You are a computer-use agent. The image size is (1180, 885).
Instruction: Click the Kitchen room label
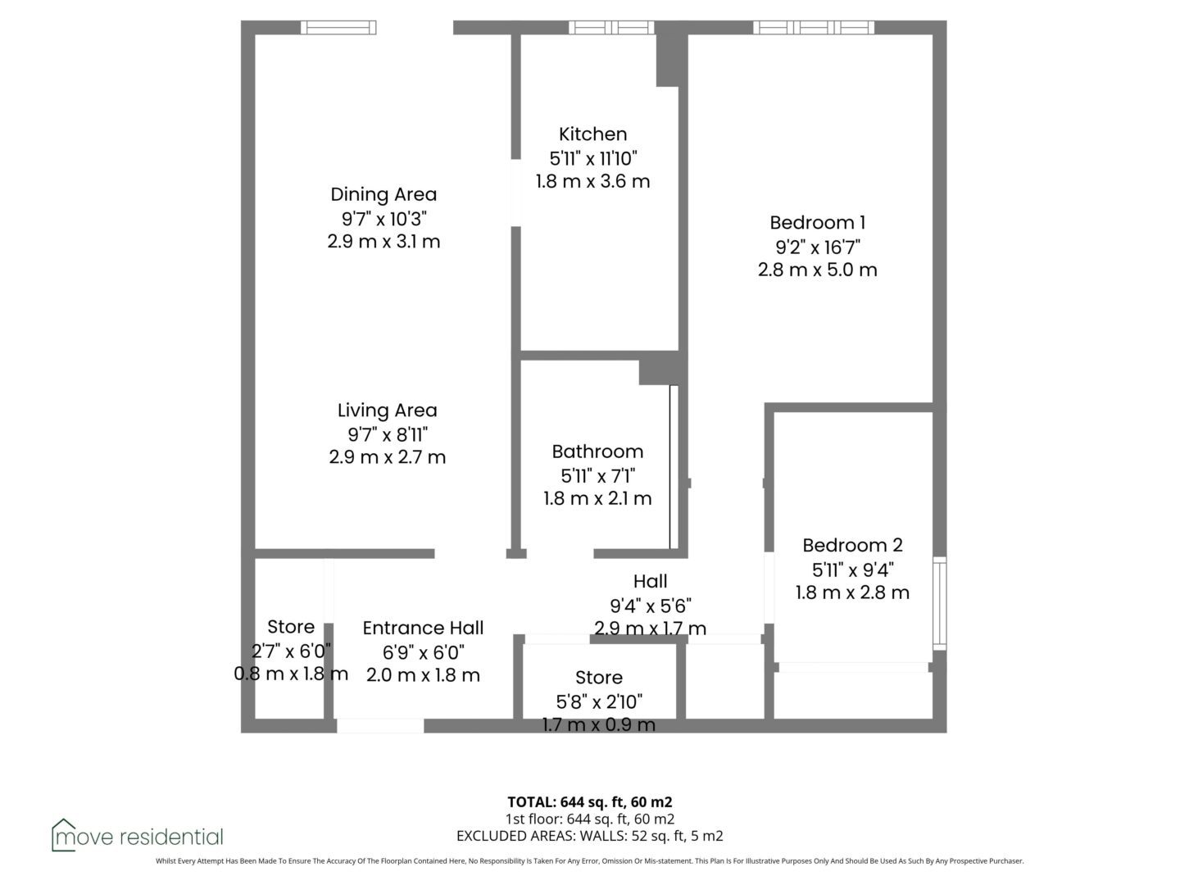[x=592, y=134]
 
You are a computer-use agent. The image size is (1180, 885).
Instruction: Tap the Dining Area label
[x=383, y=194]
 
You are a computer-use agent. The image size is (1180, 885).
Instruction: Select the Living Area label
[x=387, y=410]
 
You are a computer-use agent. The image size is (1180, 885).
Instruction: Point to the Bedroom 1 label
[x=817, y=222]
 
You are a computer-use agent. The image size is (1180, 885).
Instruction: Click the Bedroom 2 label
[x=852, y=545]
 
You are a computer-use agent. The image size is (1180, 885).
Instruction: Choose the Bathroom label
[x=597, y=452]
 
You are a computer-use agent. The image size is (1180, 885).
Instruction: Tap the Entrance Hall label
[x=423, y=628]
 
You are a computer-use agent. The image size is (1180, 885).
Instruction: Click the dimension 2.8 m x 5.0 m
[x=817, y=270]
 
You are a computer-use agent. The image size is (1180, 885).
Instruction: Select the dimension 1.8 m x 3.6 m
[x=592, y=181]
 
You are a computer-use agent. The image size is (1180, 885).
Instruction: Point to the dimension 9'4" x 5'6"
[x=651, y=606]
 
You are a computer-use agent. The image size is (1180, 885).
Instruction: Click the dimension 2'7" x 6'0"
[x=291, y=651]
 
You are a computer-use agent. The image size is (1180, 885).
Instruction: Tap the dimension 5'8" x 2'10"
[x=599, y=701]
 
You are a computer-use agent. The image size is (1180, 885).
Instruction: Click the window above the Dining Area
[x=338, y=27]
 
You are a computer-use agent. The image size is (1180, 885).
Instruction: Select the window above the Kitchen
[x=611, y=27]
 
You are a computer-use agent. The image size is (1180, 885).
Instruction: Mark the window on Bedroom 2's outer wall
[x=939, y=603]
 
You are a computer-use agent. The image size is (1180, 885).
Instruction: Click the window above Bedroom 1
[x=814, y=27]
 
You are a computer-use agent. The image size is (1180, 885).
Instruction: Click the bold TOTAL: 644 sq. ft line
[x=590, y=801]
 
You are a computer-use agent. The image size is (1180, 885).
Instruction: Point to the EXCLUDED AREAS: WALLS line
[x=590, y=836]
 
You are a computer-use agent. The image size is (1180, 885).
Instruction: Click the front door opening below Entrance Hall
[x=380, y=725]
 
